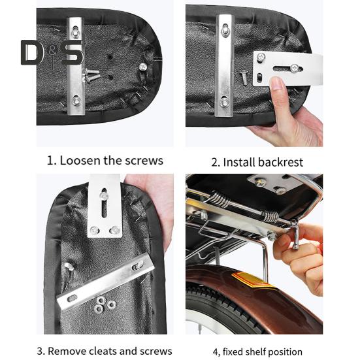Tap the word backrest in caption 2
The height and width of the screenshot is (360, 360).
point(280,162)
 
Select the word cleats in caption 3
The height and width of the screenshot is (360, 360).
point(103,352)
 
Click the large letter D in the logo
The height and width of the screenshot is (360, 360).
point(32,52)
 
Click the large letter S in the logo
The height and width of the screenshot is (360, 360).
point(73,52)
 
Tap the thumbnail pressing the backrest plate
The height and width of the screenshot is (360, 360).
point(278,84)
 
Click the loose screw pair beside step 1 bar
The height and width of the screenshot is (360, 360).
point(91,75)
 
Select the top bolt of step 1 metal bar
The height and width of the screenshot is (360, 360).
point(75,31)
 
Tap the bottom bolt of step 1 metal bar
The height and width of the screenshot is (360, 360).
point(76,101)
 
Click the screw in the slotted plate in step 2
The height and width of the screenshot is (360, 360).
point(295,68)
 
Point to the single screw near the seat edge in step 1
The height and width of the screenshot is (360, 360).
point(143,67)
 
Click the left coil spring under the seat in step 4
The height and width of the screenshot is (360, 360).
point(220,200)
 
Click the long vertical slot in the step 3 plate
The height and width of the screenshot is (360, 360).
point(105,203)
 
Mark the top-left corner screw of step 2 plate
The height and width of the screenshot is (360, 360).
point(261,56)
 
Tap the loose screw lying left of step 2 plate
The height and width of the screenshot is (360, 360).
point(244,78)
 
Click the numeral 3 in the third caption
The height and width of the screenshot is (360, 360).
point(40,352)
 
